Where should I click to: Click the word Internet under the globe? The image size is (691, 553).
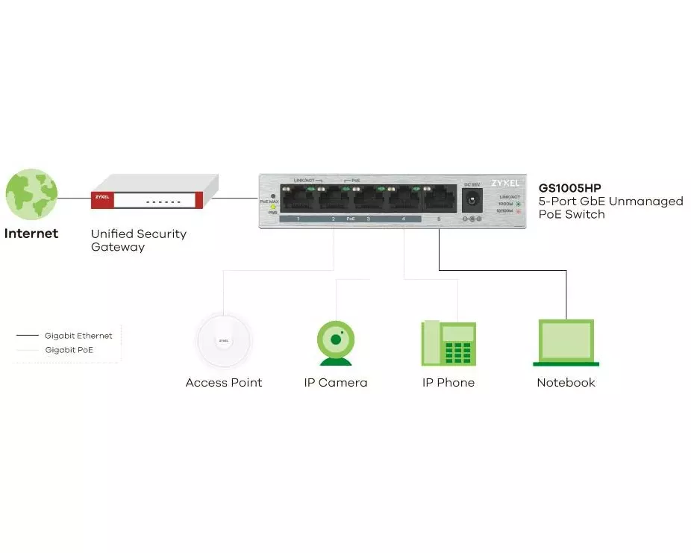coord(31,234)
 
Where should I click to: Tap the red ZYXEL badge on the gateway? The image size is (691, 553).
coord(101,199)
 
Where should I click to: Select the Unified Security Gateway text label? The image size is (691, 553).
coord(139,240)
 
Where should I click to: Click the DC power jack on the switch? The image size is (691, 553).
coord(472,199)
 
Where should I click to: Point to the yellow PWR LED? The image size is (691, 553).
coord(273,207)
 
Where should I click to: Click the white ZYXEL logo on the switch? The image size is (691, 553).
coord(505,183)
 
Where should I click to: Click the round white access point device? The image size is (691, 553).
coord(224,341)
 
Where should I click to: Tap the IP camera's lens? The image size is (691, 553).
coord(336,340)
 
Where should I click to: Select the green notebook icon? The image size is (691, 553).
coord(566,343)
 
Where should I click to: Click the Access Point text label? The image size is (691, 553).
coord(224,383)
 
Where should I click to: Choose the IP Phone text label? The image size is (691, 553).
coord(448,383)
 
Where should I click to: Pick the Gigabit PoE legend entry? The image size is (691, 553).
coord(69,349)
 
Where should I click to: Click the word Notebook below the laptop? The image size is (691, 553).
coord(566,383)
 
